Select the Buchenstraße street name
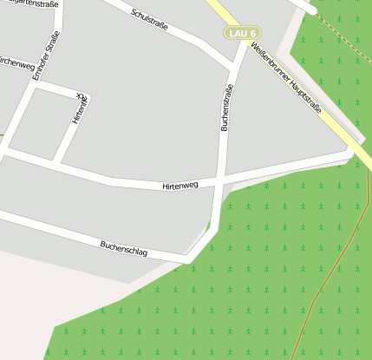(x=226, y=107)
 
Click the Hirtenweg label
(x=180, y=186)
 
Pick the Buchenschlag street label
(x=123, y=248)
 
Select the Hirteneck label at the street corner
(x=80, y=109)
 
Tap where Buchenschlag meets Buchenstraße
(x=188, y=259)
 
